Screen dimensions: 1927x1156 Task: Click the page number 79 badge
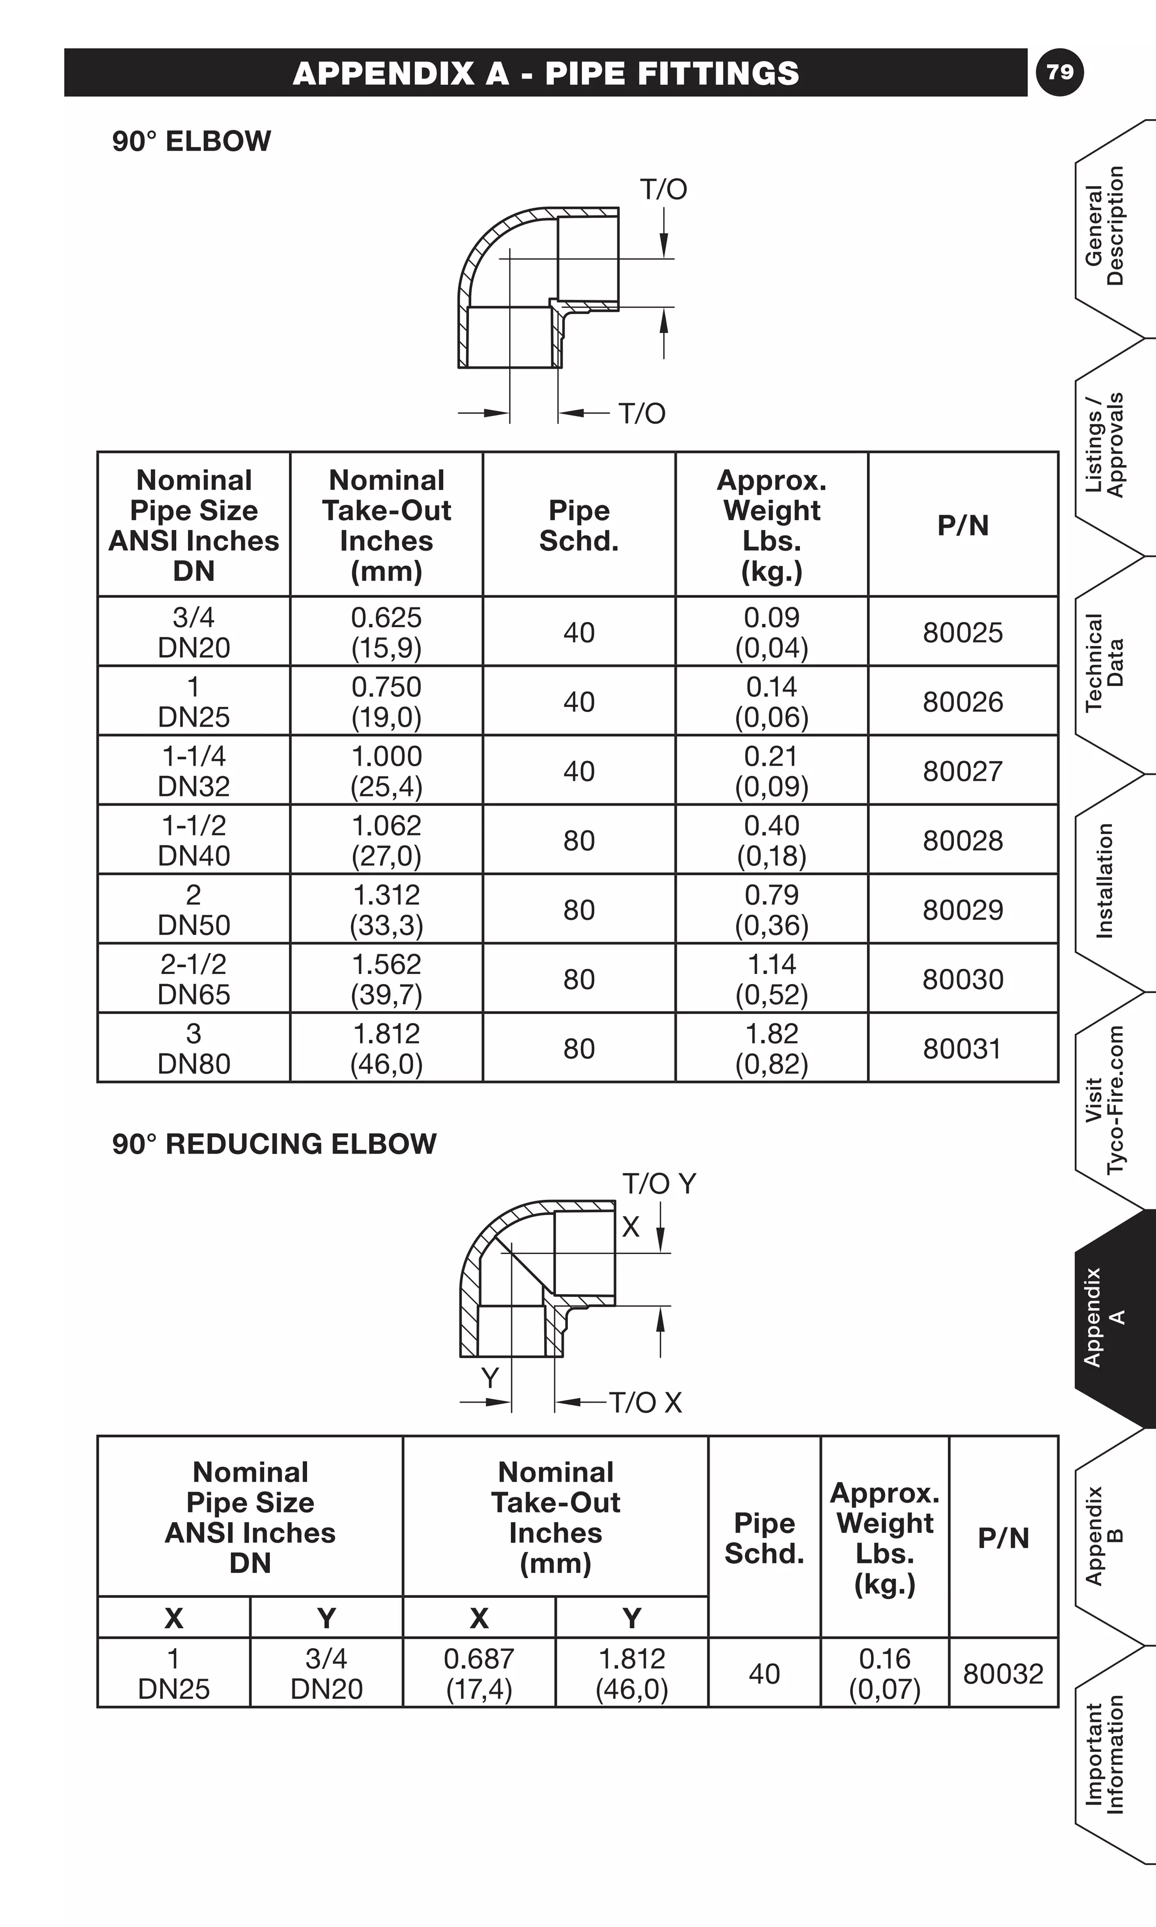click(x=1059, y=72)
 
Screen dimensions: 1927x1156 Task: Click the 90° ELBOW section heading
click(x=191, y=141)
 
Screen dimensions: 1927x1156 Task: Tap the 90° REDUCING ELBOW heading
click(x=274, y=1144)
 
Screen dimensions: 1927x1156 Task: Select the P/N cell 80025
click(x=963, y=632)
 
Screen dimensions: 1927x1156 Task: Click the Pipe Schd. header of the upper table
click(x=579, y=525)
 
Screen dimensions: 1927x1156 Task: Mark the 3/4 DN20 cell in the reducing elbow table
click(x=326, y=1673)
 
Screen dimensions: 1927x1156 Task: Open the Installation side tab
click(x=1106, y=881)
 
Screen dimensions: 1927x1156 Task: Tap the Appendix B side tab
click(x=1106, y=1536)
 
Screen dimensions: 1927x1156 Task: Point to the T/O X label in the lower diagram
click(x=645, y=1402)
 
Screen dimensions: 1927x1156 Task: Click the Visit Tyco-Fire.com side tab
click(x=1106, y=1099)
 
